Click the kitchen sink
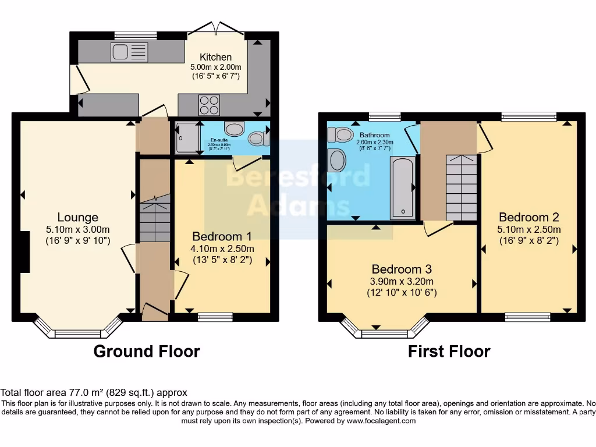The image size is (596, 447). coord(129,52)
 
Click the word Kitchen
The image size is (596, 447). coord(215,57)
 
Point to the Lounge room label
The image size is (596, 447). coord(77,217)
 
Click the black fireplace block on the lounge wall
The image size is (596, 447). coord(24,251)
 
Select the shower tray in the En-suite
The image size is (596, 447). coord(185,138)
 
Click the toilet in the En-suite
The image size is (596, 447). coord(256,139)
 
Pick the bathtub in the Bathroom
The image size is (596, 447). coord(403,186)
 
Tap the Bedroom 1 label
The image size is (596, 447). coord(222,236)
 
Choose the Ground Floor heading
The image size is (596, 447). coord(147,352)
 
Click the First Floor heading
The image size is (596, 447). coord(449,352)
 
